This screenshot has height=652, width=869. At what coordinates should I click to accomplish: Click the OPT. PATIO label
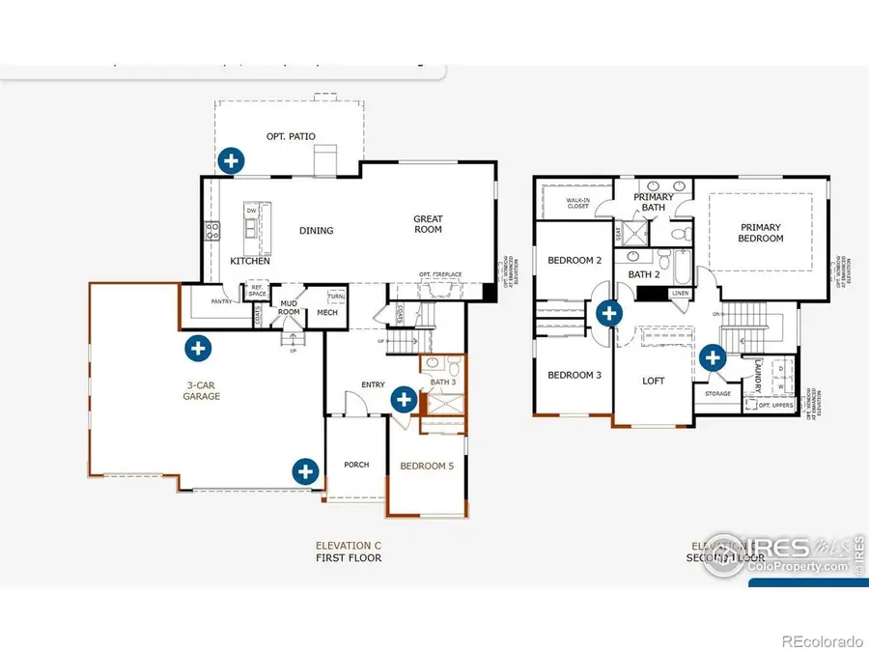291,136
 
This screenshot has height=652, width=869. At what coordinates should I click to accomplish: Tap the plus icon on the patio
230,159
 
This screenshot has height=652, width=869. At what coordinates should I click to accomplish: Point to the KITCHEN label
250,261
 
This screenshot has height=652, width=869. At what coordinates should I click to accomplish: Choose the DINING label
316,231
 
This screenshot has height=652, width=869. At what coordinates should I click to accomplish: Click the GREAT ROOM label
428,224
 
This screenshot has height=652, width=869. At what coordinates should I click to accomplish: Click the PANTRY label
221,300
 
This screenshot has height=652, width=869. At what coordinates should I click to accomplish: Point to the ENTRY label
373,384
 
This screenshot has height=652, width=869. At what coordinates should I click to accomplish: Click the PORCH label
356,465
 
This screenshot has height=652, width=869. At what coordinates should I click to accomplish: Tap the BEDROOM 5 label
427,466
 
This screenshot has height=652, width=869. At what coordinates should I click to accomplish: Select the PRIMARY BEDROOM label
761,233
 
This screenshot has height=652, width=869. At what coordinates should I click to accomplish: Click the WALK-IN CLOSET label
578,204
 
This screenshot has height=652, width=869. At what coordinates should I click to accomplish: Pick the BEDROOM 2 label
575,260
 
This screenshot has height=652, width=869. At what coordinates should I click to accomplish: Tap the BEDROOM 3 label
575,375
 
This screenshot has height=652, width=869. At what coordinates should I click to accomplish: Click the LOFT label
654,381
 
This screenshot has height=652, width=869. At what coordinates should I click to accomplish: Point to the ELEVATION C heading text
349,546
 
